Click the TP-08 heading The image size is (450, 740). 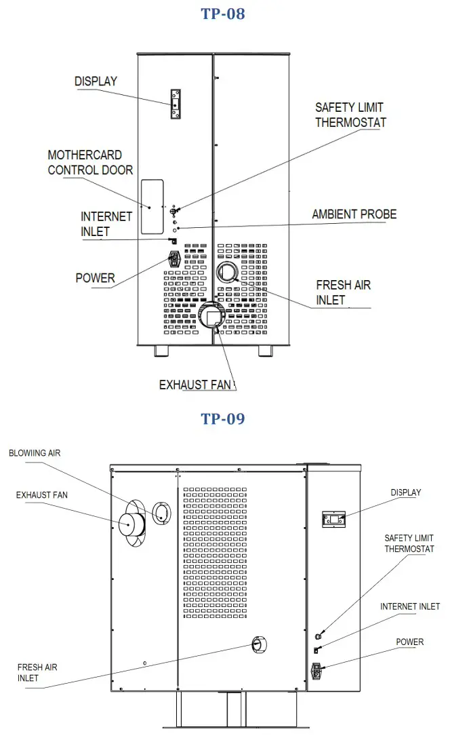(x=222, y=14)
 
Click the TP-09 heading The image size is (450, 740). (x=222, y=418)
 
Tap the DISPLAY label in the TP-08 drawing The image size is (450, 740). (x=96, y=81)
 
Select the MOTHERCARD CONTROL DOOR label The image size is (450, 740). (x=90, y=163)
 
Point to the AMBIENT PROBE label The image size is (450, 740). (x=354, y=214)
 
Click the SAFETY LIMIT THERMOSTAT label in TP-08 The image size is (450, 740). (x=350, y=115)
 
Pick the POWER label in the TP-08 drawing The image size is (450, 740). (x=96, y=278)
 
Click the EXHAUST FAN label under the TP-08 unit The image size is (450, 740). (x=196, y=385)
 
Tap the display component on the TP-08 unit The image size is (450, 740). (x=176, y=104)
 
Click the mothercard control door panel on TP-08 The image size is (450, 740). (x=152, y=207)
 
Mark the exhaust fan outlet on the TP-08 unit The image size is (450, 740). (x=214, y=317)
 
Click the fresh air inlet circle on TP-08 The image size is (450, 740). (x=227, y=273)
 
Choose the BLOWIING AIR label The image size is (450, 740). (x=35, y=452)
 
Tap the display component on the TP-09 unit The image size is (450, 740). (x=334, y=520)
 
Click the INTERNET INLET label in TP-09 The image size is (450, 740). (x=409, y=606)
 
